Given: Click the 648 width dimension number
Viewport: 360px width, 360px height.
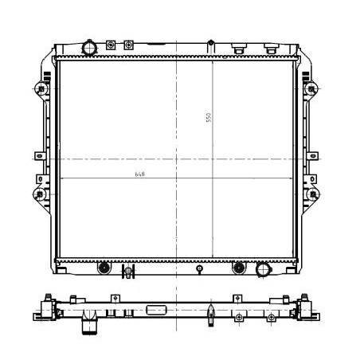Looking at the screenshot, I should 140,173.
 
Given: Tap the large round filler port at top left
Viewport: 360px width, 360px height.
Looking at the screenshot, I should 89,49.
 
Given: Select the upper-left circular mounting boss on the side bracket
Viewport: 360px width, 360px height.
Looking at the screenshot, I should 38,87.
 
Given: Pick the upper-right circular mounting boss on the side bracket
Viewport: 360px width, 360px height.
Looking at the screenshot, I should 312,87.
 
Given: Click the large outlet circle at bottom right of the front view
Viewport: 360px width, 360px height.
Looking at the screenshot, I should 262,270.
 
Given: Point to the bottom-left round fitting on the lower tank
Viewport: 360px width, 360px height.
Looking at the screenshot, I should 102,268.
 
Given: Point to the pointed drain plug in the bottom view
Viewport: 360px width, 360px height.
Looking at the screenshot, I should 209,313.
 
